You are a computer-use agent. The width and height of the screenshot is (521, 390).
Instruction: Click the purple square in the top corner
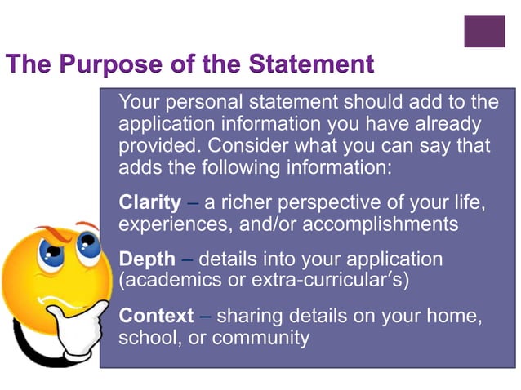pos(484,31)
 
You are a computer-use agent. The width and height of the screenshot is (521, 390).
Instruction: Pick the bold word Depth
pos(147,259)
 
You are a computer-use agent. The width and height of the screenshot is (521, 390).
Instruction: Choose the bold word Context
pos(156,316)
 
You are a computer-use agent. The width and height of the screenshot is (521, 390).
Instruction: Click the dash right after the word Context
pos(205,316)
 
